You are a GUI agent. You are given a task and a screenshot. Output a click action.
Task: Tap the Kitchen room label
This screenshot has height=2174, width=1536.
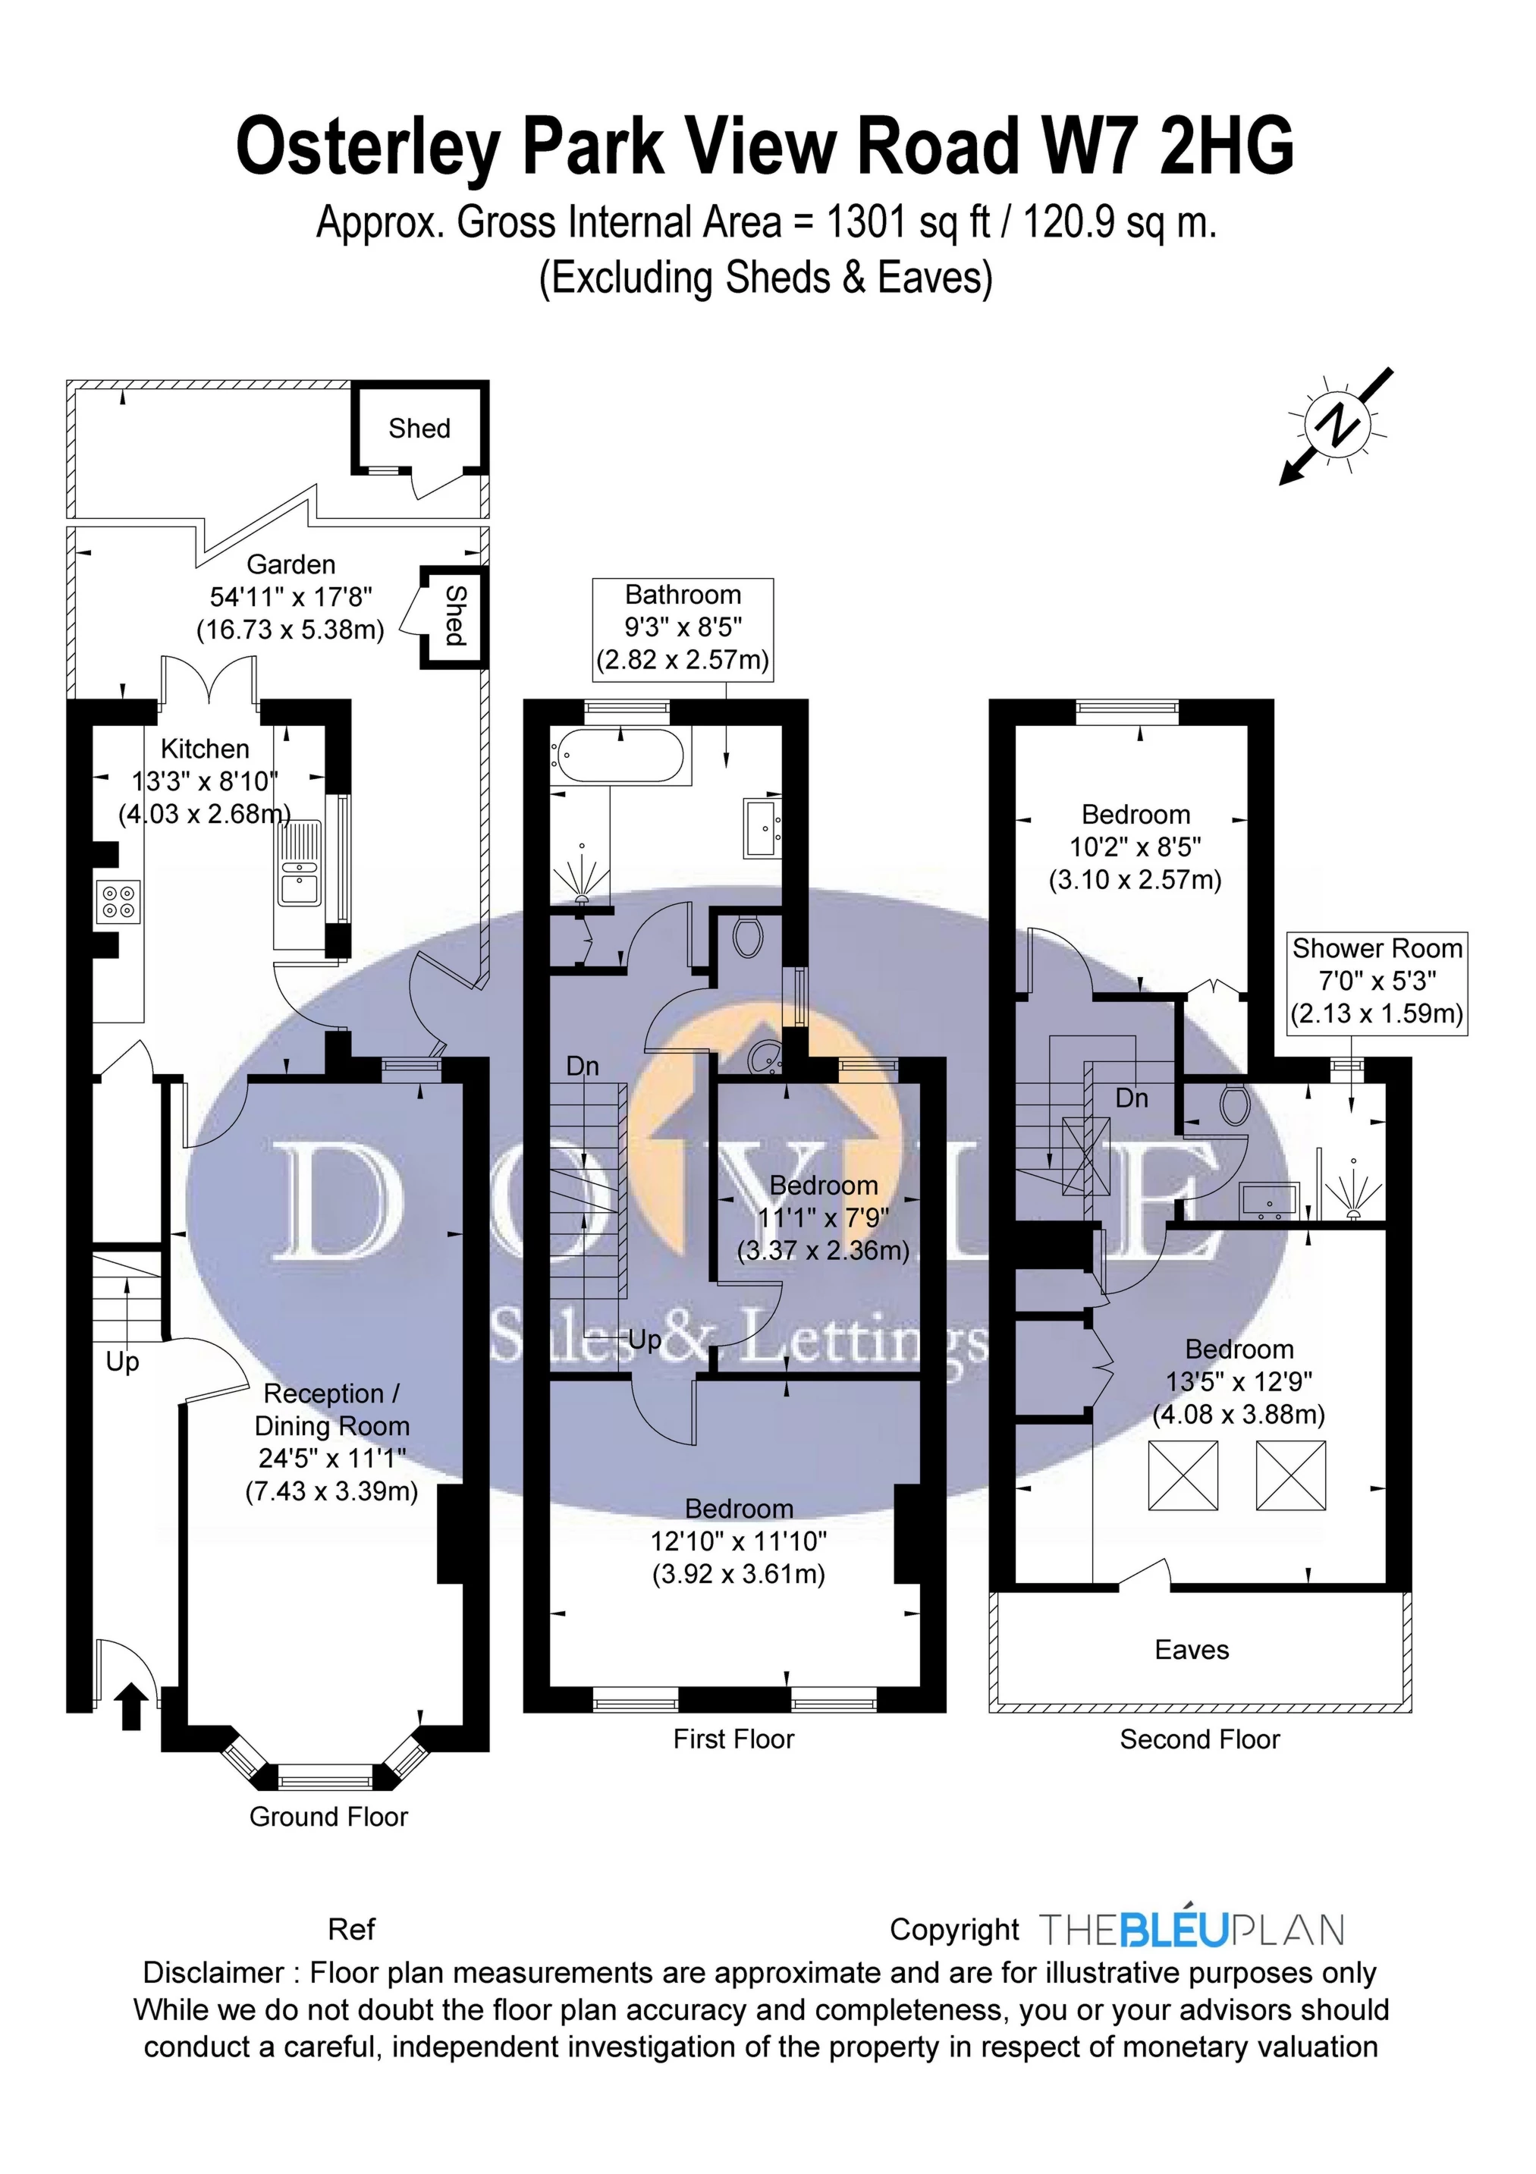(x=205, y=749)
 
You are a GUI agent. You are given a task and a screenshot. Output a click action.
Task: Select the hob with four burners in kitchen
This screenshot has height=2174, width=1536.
(x=118, y=900)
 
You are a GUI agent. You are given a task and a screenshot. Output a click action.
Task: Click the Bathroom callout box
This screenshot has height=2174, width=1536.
(x=682, y=629)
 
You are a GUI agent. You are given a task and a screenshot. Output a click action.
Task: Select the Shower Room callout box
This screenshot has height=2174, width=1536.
(x=1377, y=982)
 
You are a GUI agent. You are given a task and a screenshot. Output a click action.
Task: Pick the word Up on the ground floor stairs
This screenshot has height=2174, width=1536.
(x=122, y=1362)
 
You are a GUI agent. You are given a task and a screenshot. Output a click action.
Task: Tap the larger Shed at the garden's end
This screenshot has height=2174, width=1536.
(x=419, y=428)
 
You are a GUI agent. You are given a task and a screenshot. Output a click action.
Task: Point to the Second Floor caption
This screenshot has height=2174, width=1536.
(x=1199, y=1739)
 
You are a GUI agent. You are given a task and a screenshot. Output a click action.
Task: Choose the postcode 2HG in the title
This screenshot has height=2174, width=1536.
(x=1227, y=146)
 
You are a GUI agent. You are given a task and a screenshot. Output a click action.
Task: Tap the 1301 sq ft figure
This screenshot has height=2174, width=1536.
(x=907, y=224)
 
